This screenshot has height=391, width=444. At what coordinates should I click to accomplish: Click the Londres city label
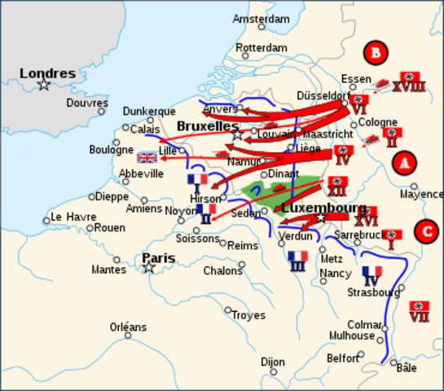tap(47, 73)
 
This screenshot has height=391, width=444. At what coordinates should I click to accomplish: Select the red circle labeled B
tap(375, 53)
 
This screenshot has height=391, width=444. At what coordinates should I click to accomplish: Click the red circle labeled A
tap(403, 163)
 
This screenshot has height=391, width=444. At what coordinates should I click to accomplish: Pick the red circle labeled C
tap(425, 231)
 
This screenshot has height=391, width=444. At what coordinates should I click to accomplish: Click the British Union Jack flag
tap(147, 157)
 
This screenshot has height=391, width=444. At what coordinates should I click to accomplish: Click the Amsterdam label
tap(261, 19)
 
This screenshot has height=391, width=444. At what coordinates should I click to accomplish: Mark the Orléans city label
tap(129, 327)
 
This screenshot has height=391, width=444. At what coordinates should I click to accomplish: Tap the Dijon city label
tap(273, 362)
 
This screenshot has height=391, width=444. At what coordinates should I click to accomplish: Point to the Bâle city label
tap(406, 367)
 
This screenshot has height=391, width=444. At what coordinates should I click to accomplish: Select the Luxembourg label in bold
tap(323, 209)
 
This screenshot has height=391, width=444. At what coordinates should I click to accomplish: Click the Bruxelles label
tap(208, 127)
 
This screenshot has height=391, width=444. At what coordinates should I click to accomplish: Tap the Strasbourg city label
tap(373, 292)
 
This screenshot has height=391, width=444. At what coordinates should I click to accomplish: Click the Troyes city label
tap(248, 315)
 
